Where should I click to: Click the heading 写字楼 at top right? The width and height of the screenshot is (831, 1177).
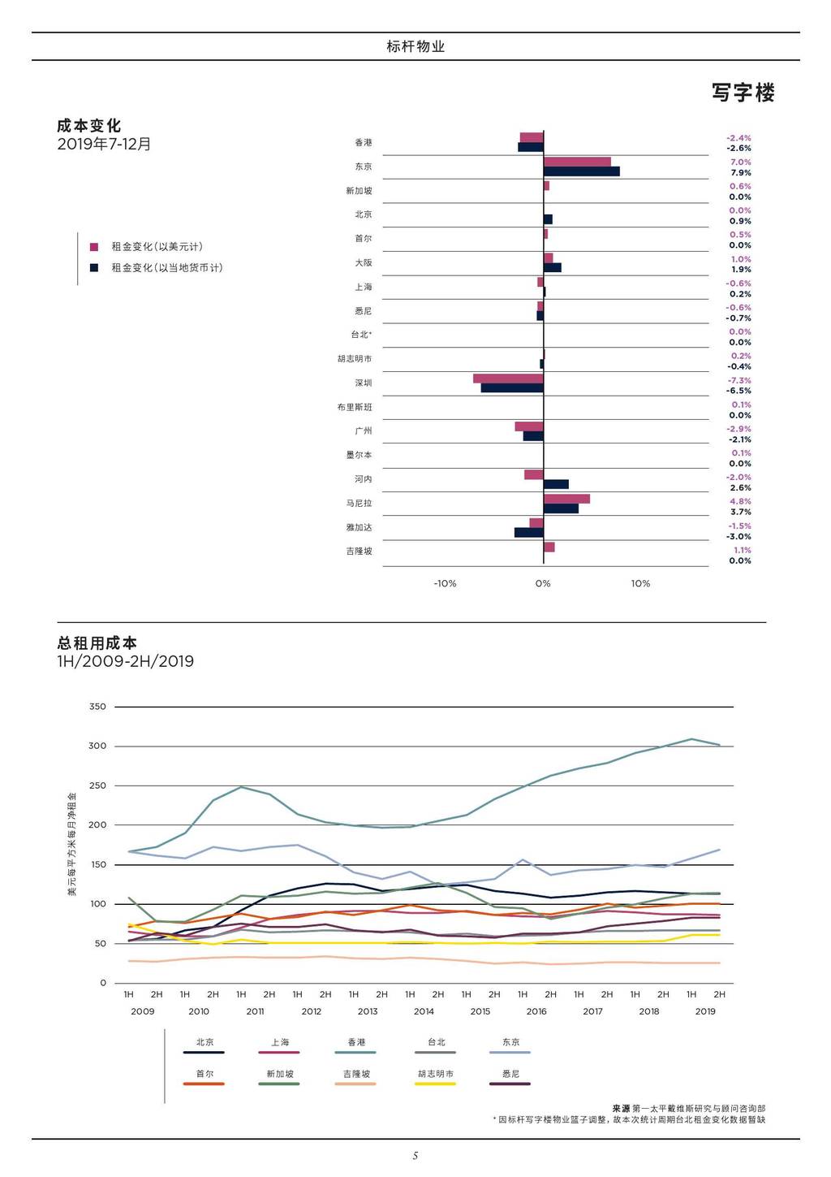(743, 93)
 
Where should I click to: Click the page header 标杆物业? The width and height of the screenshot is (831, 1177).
(415, 46)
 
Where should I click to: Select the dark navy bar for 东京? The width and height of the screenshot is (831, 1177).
(581, 171)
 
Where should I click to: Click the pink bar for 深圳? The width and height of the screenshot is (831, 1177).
(508, 379)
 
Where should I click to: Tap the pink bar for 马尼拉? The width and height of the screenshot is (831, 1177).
(566, 499)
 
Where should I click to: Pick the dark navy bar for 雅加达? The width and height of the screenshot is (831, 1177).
(528, 533)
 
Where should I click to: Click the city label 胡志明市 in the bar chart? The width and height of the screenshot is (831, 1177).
(355, 359)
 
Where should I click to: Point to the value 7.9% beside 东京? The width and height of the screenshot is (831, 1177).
(740, 173)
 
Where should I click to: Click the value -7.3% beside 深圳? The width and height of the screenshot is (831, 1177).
(738, 380)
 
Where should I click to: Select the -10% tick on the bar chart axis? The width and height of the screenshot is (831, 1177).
(445, 583)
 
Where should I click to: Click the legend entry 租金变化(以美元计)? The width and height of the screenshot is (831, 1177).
(157, 247)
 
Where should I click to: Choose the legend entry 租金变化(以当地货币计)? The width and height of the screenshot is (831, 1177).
(166, 268)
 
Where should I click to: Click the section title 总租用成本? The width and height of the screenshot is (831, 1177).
(97, 643)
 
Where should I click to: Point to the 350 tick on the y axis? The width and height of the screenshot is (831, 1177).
(97, 707)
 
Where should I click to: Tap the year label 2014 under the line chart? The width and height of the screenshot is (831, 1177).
(424, 1011)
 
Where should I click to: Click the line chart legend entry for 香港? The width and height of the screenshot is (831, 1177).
(356, 1042)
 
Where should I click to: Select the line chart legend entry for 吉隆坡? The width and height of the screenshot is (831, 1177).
(356, 1074)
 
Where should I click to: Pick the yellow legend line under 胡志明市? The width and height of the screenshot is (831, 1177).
(435, 1084)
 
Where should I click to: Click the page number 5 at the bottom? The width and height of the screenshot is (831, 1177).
(415, 1156)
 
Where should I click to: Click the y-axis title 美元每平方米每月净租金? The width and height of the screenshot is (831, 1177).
(71, 845)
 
